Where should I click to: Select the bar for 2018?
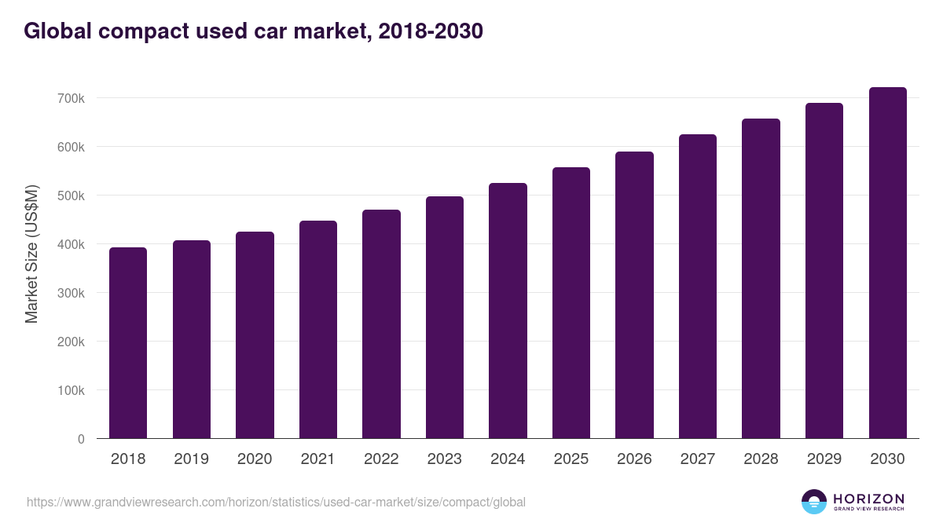coord(128,343)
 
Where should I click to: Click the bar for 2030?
coord(887,263)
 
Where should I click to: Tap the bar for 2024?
coord(508,311)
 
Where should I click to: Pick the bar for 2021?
coord(317,330)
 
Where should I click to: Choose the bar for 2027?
coord(698,287)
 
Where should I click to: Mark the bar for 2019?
coord(192,339)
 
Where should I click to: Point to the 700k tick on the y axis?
coord(70,98)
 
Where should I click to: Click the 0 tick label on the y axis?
coord(81,439)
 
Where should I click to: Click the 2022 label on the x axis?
coord(381,459)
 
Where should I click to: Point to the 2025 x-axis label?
coord(571,459)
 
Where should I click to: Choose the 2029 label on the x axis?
coord(824,459)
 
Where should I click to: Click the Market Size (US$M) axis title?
coord(31,254)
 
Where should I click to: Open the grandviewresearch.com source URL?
coord(276,502)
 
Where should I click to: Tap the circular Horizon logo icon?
coord(814,502)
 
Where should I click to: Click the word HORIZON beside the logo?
coord(868,498)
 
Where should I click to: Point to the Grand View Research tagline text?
coord(868,509)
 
